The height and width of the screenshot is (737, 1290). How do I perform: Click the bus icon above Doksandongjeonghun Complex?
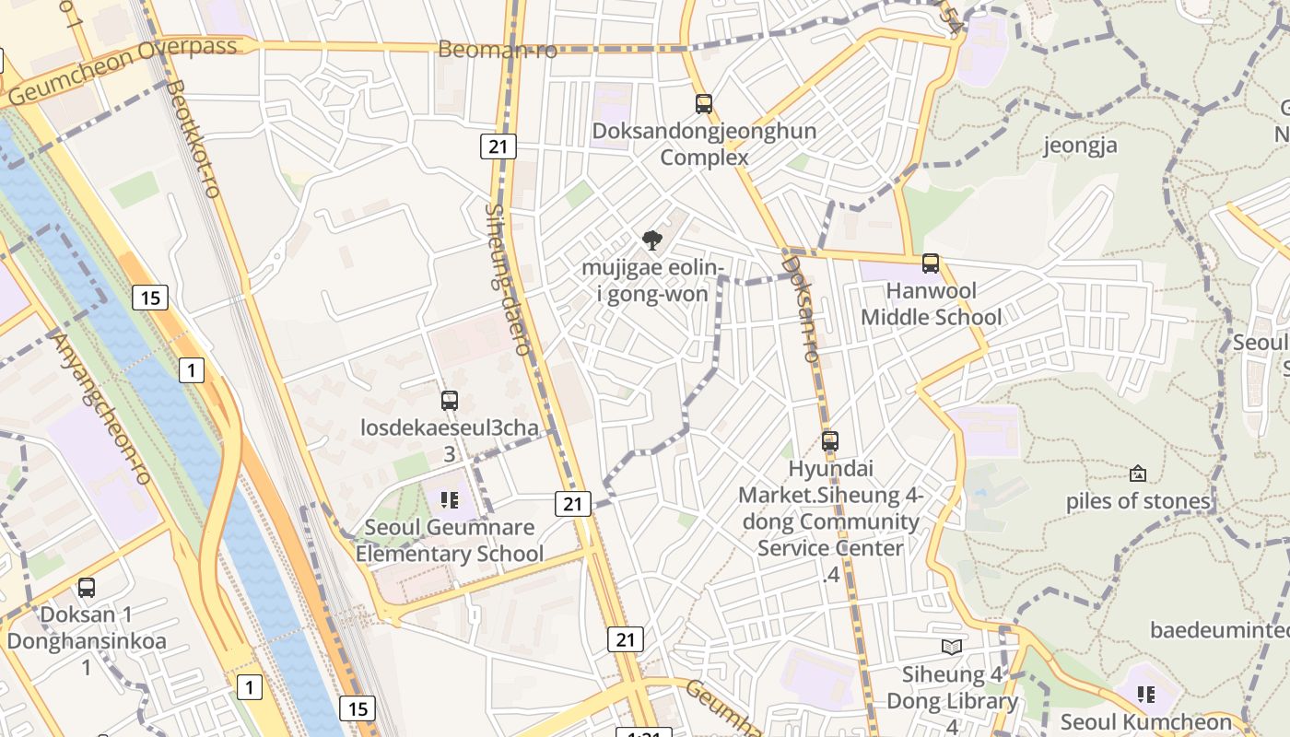point(704,104)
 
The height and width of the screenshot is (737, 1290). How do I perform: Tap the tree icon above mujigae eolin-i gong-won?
point(652,241)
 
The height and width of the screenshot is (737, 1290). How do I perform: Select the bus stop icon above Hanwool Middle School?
point(931,263)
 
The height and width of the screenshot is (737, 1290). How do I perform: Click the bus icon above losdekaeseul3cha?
point(450,401)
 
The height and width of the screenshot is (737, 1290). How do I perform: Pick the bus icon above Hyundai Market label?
point(830,441)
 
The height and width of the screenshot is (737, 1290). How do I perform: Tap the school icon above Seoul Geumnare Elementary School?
point(450,500)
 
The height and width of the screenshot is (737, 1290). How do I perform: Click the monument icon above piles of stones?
point(1138,474)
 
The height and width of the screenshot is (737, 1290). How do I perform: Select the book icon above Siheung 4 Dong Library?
point(952,647)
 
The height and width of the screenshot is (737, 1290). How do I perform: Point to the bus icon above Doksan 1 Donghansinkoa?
point(87,587)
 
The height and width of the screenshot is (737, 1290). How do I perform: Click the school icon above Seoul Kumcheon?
point(1146,694)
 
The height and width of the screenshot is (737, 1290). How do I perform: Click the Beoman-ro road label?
point(498,50)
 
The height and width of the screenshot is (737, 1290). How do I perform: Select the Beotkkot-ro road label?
point(193,138)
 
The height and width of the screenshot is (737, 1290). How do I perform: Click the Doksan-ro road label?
point(800,309)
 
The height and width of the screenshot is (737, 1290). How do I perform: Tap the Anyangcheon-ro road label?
point(102,408)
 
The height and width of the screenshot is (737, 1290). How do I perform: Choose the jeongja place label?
point(1080,146)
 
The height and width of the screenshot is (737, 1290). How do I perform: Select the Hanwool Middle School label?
point(931,304)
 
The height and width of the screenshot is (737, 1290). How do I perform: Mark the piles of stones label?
point(1138,501)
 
